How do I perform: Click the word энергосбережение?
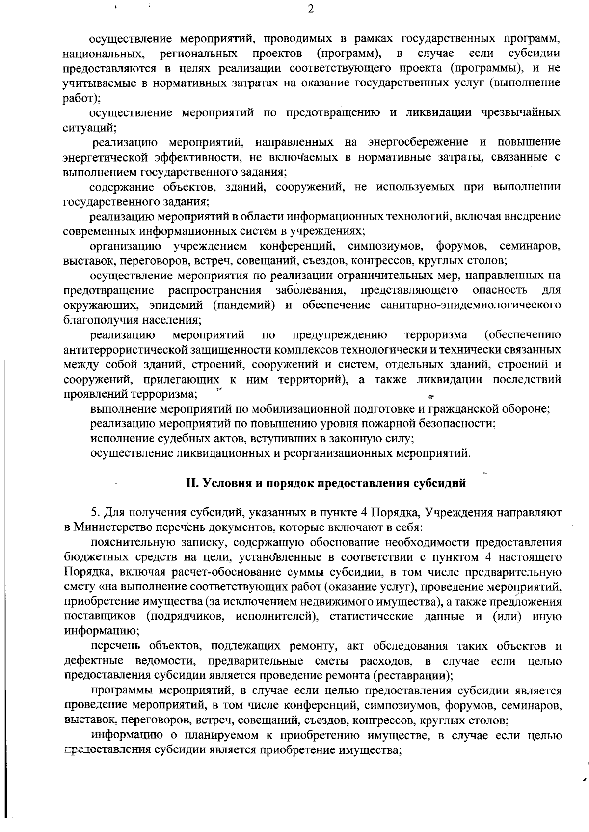tap(416, 143)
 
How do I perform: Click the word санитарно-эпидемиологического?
tap(470, 305)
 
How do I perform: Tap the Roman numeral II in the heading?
tap(191, 483)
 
